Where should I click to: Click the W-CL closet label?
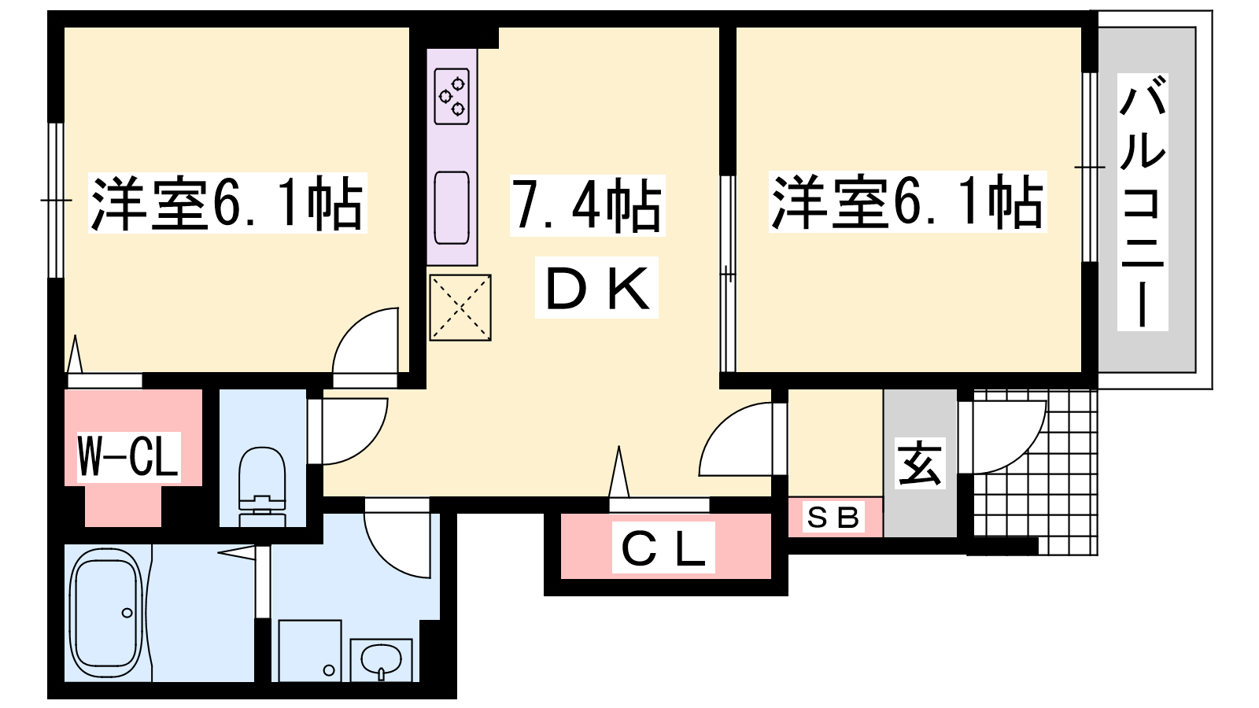[x=128, y=456]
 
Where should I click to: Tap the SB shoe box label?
[x=833, y=518]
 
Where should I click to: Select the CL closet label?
[x=663, y=548]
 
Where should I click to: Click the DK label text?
[x=597, y=288]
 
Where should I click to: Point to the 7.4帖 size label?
[x=587, y=205]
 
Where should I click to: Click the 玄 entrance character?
[x=920, y=463]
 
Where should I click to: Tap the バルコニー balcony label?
[x=1143, y=202]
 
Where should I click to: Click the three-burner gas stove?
[x=452, y=97]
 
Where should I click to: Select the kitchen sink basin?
[x=452, y=208]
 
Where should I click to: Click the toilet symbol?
[x=263, y=487]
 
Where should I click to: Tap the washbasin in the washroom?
[x=381, y=660]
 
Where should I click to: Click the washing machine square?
[x=310, y=651]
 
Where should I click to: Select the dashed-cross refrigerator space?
[x=460, y=308]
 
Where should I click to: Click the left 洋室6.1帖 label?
[x=227, y=203]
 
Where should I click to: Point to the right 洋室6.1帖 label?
[x=907, y=201]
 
